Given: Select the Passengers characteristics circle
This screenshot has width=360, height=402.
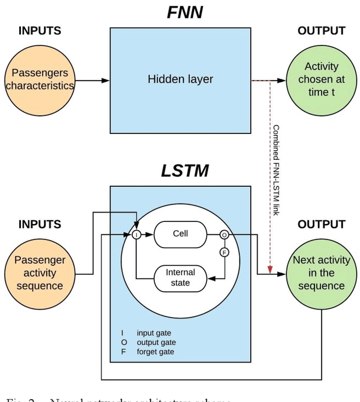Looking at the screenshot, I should click(x=40, y=79).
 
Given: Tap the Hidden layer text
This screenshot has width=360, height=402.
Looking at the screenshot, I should click(x=180, y=79).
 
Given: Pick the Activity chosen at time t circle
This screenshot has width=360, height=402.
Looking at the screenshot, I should click(x=321, y=79).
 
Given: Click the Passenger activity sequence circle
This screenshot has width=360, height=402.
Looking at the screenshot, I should click(x=40, y=273).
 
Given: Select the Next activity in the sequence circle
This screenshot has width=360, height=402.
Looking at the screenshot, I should click(x=321, y=273).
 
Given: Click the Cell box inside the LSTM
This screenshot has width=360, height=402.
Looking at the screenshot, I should click(x=180, y=234).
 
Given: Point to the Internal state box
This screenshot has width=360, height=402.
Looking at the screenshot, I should click(x=180, y=278).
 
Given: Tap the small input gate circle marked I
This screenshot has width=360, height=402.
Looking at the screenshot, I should click(x=136, y=235).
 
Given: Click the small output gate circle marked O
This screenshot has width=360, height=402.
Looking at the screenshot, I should click(x=224, y=235).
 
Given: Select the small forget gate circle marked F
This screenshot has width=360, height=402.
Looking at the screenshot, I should click(x=224, y=252).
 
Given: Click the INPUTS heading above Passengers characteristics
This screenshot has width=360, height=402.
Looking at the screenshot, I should click(x=40, y=31).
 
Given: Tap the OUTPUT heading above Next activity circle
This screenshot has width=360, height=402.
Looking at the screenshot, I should click(x=321, y=225).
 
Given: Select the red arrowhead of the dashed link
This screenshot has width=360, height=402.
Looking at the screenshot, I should click(x=270, y=270).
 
